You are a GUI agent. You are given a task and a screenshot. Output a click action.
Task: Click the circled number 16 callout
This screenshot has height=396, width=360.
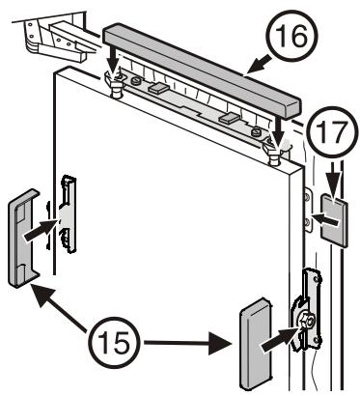click(291, 35)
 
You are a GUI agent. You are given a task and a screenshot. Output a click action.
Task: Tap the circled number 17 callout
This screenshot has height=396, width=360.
click(332, 132)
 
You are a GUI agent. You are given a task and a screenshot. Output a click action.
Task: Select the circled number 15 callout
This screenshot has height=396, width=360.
click(114, 342)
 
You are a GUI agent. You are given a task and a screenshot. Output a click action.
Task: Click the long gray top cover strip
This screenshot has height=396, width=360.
click(203, 71)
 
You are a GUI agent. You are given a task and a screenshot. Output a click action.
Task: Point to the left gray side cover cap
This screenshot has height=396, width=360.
click(22, 239)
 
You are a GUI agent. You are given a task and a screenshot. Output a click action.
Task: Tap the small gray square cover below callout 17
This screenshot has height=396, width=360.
click(335, 221)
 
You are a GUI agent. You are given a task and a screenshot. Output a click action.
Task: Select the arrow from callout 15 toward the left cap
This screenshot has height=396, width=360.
click(61, 309)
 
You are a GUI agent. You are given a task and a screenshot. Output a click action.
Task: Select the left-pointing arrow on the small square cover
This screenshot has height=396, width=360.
click(326, 220)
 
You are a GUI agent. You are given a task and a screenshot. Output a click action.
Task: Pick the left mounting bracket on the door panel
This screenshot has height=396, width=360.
click(68, 213)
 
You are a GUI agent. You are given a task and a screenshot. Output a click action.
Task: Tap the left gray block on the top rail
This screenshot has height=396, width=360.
click(157, 87)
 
